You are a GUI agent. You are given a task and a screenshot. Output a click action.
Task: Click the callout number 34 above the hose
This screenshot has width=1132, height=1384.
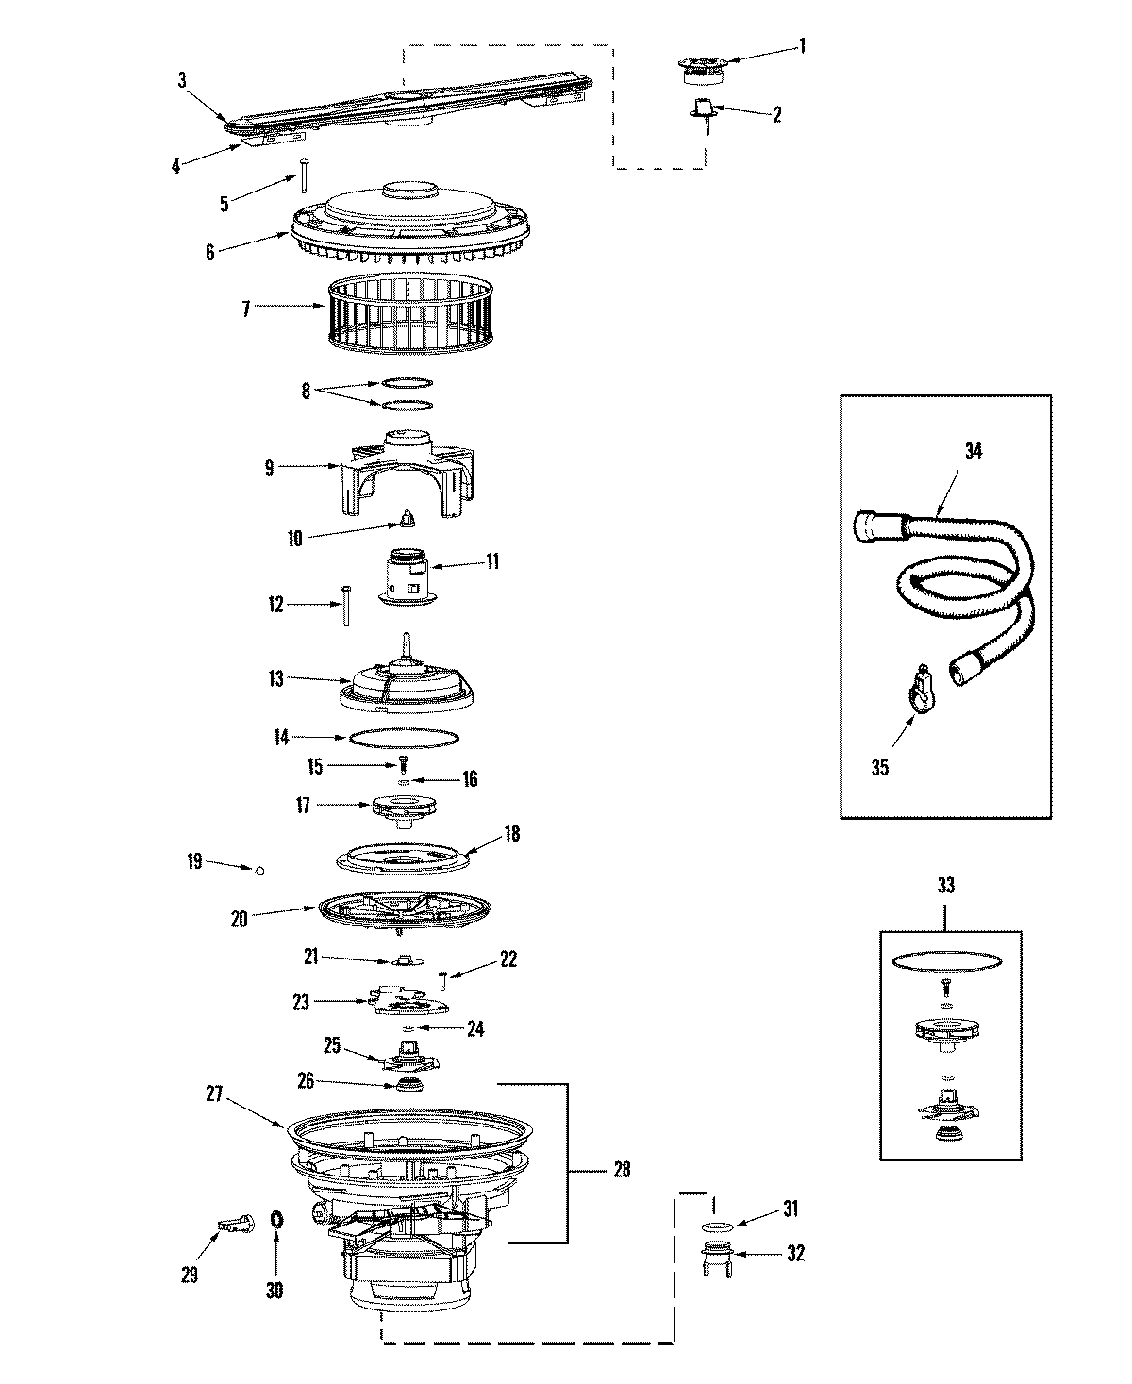pyautogui.click(x=973, y=451)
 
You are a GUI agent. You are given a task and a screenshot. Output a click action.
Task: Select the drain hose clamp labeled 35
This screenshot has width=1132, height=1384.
pyautogui.click(x=922, y=696)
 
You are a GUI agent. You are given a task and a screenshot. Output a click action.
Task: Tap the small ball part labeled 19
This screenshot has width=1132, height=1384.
pyautogui.click(x=258, y=871)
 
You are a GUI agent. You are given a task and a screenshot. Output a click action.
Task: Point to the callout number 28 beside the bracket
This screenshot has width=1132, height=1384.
pyautogui.click(x=621, y=1170)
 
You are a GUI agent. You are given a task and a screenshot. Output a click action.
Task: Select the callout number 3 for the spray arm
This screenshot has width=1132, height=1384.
pyautogui.click(x=182, y=80)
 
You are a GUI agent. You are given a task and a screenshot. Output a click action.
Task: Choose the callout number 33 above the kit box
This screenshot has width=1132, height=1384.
pyautogui.click(x=946, y=885)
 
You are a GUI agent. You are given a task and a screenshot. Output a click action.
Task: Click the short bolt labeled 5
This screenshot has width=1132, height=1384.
pyautogui.click(x=306, y=175)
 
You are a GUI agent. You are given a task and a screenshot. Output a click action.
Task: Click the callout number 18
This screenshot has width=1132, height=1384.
pyautogui.click(x=512, y=834)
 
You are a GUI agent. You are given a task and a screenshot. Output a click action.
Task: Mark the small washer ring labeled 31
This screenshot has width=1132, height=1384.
pyautogui.click(x=720, y=1226)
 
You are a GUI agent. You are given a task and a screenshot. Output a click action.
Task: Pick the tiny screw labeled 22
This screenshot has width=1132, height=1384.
pyautogui.click(x=443, y=978)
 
